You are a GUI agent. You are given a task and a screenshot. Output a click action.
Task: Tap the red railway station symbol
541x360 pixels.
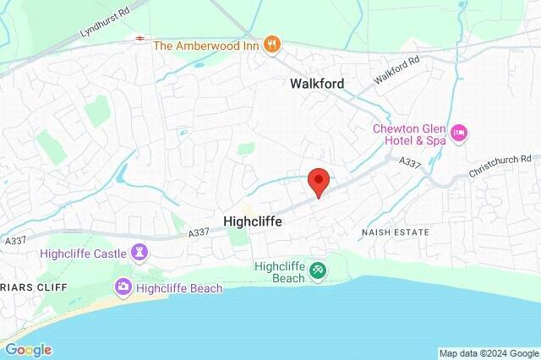pos(138,39)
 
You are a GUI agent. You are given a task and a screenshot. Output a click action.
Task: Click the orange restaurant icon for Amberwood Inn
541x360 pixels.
pos(271,44)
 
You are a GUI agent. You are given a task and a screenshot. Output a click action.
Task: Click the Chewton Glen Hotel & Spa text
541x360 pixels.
pos(410,134)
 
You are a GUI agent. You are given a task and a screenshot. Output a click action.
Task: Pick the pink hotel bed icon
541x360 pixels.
pos(460,134)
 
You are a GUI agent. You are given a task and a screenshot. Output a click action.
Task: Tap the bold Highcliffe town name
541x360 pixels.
pos(252,221)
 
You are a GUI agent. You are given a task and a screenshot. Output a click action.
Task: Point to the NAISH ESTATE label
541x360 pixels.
pos(395,232)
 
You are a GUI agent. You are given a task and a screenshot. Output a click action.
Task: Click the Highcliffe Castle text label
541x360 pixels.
pos(81,253)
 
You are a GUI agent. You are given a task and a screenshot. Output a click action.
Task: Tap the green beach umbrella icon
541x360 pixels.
pos(319,270)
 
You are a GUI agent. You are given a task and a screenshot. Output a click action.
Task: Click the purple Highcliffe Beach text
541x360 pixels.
pos(178,288)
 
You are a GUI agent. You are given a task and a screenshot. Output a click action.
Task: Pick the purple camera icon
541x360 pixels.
pos(123,288)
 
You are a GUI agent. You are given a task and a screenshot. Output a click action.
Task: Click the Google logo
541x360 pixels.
pos(28,350)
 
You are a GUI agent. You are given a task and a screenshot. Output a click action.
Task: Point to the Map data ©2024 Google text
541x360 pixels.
pos(489,353)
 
